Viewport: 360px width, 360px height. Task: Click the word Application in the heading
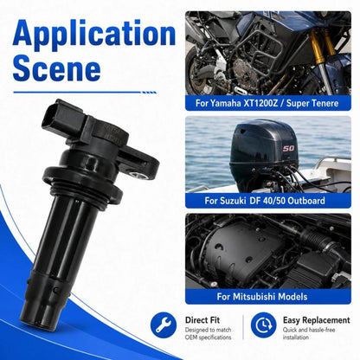(94, 34)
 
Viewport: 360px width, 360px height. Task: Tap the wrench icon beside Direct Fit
(164, 325)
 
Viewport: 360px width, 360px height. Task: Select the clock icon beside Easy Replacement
(263, 325)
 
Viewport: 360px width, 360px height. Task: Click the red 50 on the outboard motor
(288, 148)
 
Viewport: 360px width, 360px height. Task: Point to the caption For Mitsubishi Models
(262, 296)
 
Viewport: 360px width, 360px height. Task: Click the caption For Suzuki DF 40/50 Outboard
(265, 201)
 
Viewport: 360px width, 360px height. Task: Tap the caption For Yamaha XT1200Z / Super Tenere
(267, 103)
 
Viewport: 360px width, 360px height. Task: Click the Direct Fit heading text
(202, 320)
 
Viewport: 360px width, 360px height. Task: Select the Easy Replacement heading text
(316, 320)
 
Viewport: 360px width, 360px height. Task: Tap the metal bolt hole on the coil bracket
(136, 174)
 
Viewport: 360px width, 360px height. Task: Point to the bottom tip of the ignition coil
(34, 323)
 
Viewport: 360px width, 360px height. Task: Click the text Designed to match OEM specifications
(208, 333)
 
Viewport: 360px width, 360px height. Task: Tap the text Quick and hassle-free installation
(309, 333)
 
